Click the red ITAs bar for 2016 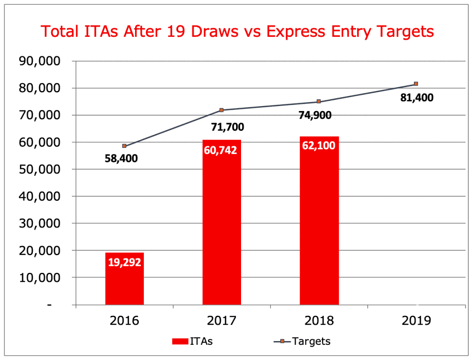124,279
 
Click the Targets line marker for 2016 124,146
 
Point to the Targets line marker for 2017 222,110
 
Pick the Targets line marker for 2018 319,101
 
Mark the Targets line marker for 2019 416,84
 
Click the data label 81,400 417,98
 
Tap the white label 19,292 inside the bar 124,262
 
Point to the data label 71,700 228,126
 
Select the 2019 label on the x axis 416,320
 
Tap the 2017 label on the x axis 222,320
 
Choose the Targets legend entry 299,342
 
